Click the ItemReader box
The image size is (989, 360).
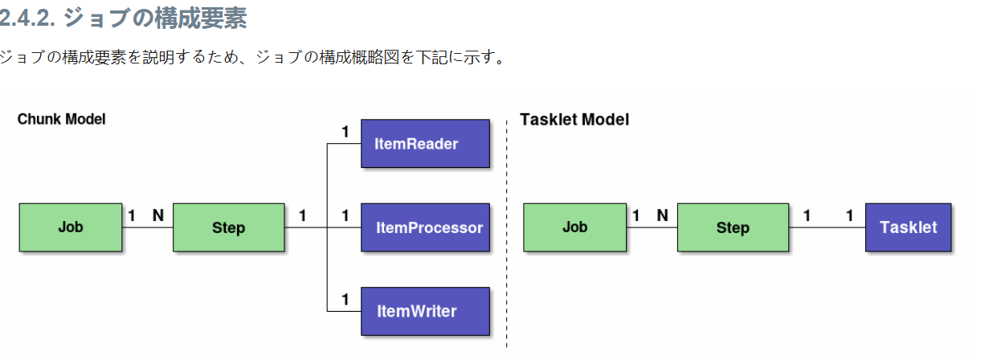click(425, 144)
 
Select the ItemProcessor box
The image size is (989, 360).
click(425, 227)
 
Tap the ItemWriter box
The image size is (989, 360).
click(425, 311)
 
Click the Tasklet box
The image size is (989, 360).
click(908, 227)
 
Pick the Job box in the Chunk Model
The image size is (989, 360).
click(71, 227)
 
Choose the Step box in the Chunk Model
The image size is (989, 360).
click(229, 227)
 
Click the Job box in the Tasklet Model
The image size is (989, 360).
click(574, 227)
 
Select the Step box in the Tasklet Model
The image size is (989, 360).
click(733, 227)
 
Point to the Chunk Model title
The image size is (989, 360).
click(62, 119)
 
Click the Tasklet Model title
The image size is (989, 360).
click(574, 120)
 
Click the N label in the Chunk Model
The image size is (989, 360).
click(157, 215)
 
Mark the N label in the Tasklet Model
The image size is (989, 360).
click(662, 215)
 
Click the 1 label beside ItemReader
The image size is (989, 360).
click(345, 132)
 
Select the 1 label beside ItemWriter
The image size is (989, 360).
click(345, 299)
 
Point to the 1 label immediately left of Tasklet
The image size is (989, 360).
click(849, 215)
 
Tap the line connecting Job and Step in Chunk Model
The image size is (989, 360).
click(148, 227)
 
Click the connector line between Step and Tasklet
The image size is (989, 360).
click(828, 227)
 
